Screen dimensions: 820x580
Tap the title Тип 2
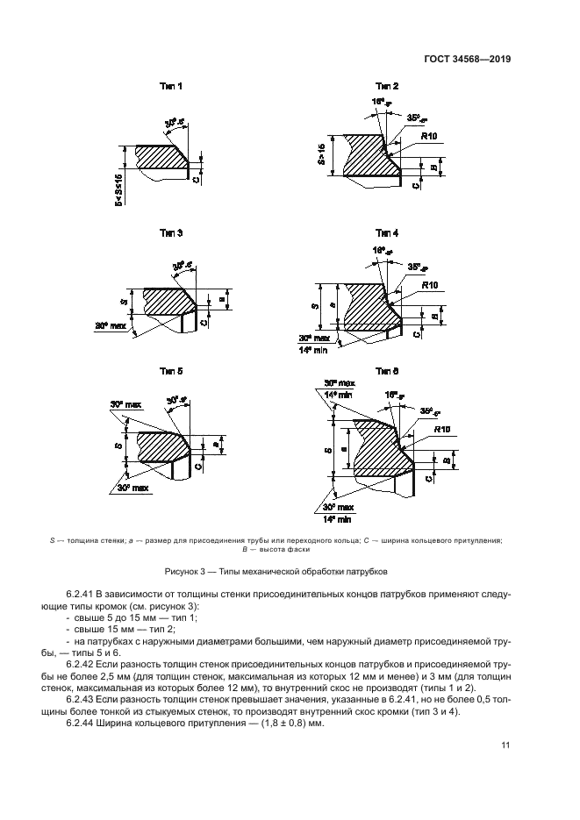(x=387, y=87)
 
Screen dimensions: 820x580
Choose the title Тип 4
(x=387, y=233)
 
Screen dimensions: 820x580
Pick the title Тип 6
(x=387, y=371)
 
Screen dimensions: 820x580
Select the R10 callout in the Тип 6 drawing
(x=440, y=430)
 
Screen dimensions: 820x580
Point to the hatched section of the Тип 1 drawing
(x=158, y=158)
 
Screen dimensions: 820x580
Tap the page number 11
(x=505, y=745)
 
